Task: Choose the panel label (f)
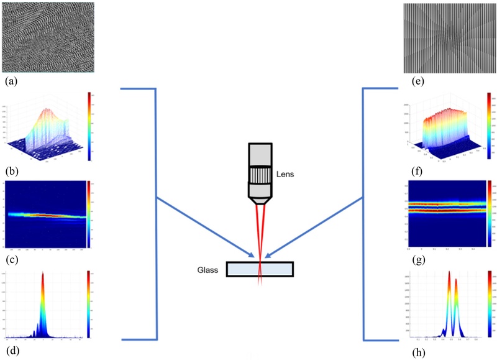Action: [411, 170]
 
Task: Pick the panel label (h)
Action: [411, 351]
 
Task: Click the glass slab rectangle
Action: [260, 269]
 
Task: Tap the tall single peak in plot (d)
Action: [43, 292]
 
